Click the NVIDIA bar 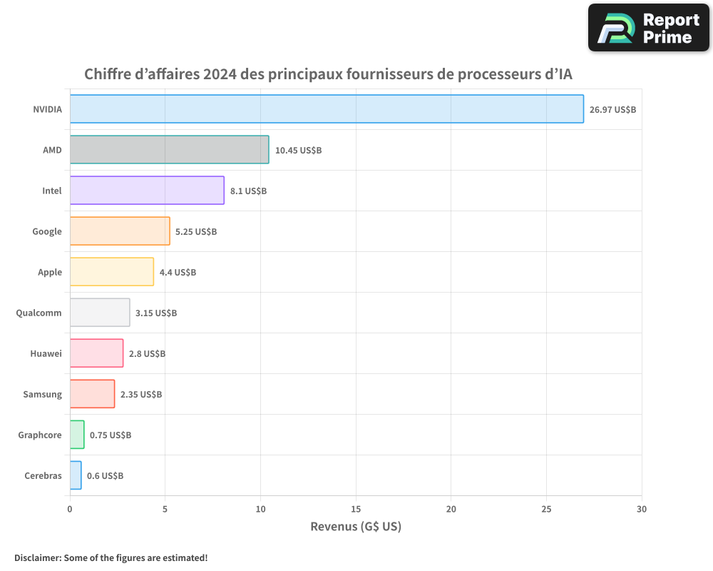click(x=327, y=109)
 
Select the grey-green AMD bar click(x=169, y=150)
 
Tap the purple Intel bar click(x=147, y=191)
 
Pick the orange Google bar click(x=120, y=231)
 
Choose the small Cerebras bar click(x=76, y=475)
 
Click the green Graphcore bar click(x=77, y=435)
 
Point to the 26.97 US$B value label click(x=612, y=110)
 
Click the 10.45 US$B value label click(x=298, y=151)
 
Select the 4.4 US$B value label click(x=178, y=273)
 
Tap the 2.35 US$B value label click(x=141, y=395)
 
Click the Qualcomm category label click(x=39, y=313)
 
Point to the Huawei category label click(x=46, y=353)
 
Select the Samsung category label click(x=42, y=394)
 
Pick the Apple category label click(x=50, y=272)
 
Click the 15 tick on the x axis click(x=356, y=509)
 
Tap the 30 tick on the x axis click(x=642, y=509)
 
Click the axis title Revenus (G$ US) click(x=356, y=527)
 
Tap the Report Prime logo click(x=649, y=28)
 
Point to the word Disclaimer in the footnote click(x=36, y=557)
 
